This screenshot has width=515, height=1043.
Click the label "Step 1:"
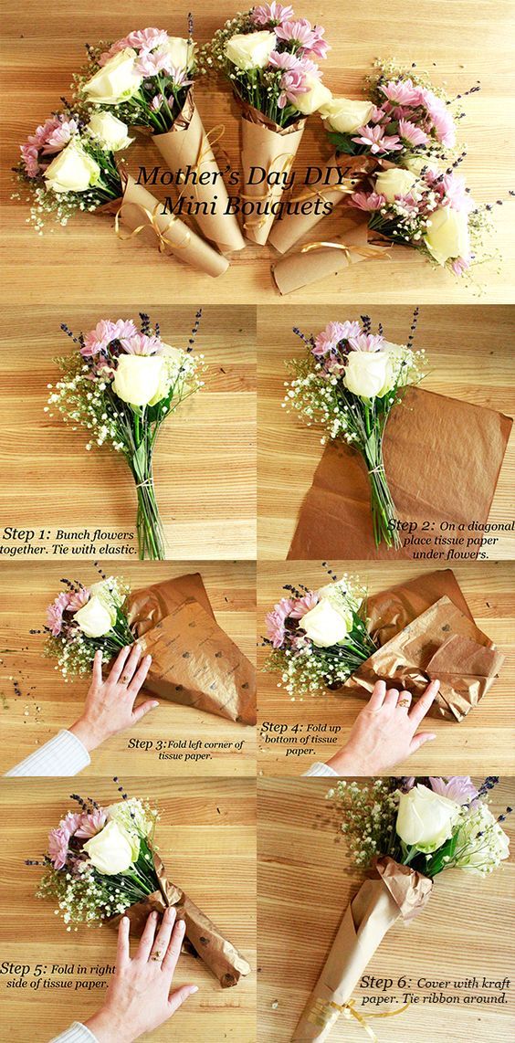27,533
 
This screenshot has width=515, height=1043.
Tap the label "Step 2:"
412,525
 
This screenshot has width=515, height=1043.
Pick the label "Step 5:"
26,968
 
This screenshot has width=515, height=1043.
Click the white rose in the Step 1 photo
139,378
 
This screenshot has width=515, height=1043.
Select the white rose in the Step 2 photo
367,373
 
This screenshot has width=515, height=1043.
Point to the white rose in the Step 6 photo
426,817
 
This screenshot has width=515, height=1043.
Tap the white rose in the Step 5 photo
109,847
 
